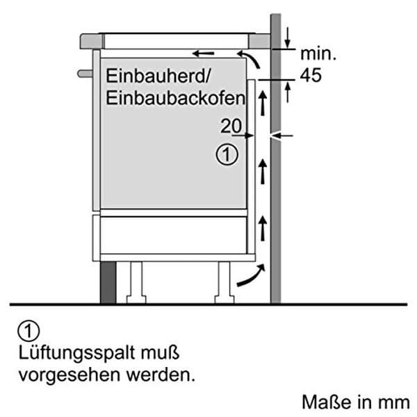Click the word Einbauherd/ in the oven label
(158, 76)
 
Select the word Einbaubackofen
(176, 98)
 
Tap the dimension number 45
(311, 75)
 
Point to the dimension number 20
(231, 126)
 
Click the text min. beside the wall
(318, 54)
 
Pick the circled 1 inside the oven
(227, 154)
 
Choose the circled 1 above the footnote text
(28, 331)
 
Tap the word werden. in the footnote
(161, 375)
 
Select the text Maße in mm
(356, 402)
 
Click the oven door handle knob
(85, 74)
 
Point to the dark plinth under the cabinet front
(108, 282)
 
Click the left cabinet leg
(136, 282)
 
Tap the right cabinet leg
(224, 282)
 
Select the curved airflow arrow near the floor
(251, 275)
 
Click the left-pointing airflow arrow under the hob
(203, 54)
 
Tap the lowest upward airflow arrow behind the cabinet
(263, 229)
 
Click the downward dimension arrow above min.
(287, 38)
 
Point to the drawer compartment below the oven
(173, 235)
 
